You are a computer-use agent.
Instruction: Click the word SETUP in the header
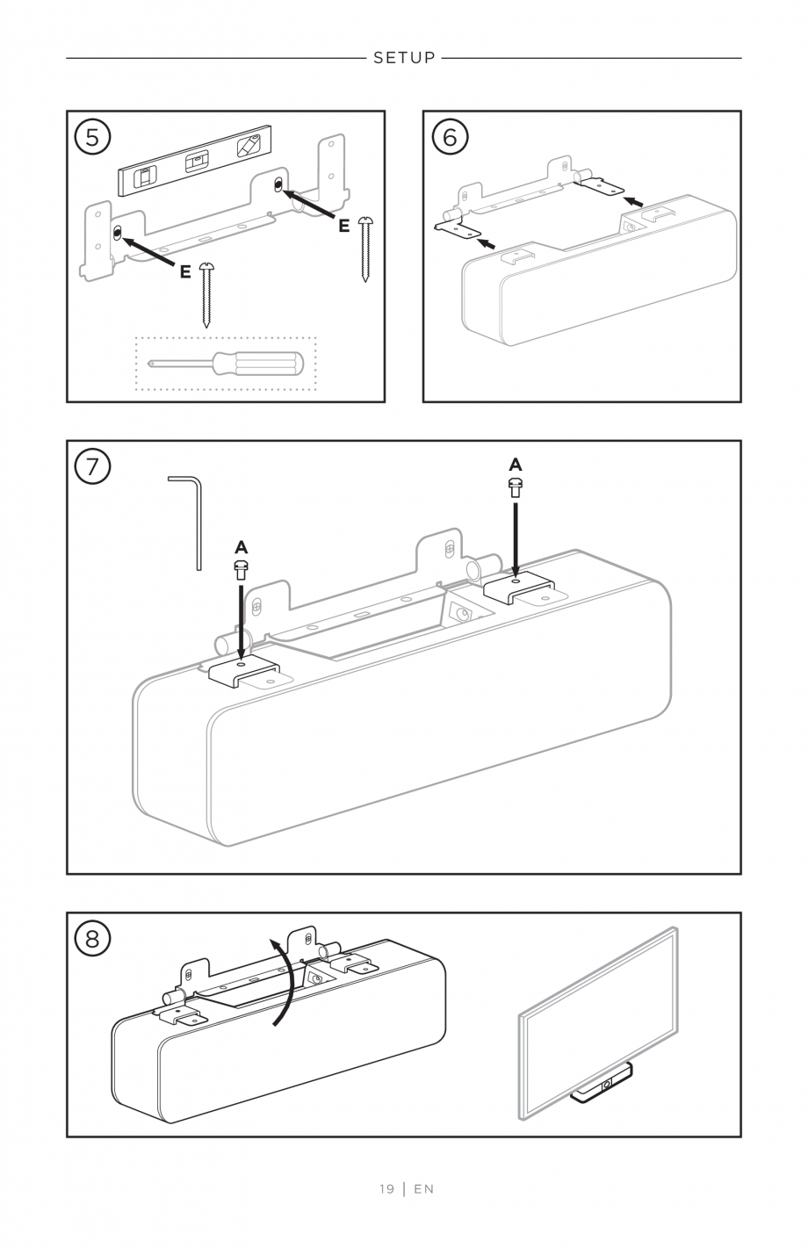(404, 58)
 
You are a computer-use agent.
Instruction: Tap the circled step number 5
(93, 136)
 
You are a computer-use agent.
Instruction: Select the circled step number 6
(450, 136)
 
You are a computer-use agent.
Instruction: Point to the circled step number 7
(93, 466)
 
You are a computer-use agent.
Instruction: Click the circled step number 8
(93, 939)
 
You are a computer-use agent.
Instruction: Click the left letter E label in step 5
(184, 271)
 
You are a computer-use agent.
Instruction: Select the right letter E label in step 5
(343, 226)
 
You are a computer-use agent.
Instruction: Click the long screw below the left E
(206, 294)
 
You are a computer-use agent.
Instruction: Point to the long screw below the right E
(365, 249)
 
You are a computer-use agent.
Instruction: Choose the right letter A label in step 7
(516, 464)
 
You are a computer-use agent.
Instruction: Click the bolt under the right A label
(516, 487)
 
